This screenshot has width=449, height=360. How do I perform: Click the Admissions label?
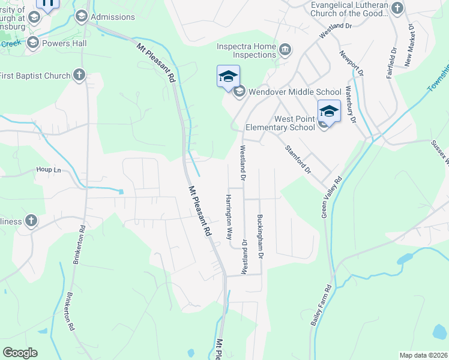pos(112,17)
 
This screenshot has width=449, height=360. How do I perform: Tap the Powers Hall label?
pos(64,43)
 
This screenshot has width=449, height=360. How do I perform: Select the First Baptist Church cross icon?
pos(79,75)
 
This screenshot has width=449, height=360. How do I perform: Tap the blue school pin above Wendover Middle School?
pos(228,77)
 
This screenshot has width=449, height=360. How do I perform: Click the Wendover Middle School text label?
pos(287,92)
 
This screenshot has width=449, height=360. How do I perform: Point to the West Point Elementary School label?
pos(280,123)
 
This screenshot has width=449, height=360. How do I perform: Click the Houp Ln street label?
pos(49,170)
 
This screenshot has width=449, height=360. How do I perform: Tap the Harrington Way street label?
pos(229,217)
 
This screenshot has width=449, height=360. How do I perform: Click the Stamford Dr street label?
pos(298,159)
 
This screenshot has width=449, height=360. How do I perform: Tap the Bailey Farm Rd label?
pos(322,305)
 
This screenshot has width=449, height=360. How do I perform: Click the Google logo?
pos(20,353)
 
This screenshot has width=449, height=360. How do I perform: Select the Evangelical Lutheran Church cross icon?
pos(397,8)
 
